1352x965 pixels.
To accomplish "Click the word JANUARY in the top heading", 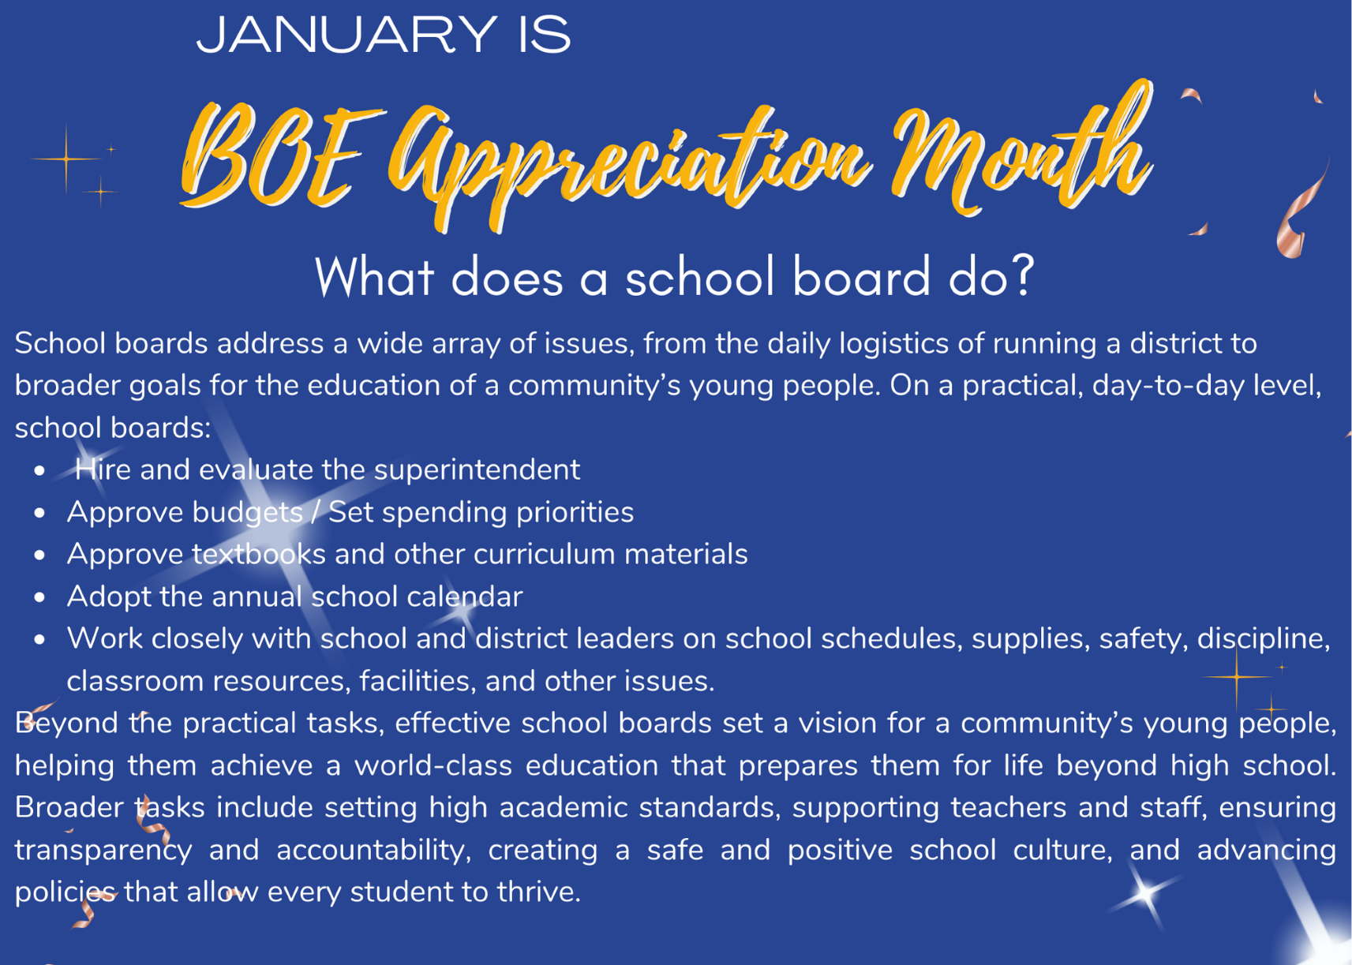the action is (346, 35).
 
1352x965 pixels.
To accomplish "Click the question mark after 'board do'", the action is (1023, 276).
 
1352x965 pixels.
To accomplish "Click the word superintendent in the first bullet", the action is (477, 470).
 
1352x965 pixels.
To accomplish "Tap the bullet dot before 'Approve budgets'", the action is (39, 513).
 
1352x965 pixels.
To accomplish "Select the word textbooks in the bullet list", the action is (259, 553).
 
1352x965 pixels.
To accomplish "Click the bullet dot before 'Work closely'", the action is (39, 639).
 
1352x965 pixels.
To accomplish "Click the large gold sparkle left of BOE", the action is (66, 159).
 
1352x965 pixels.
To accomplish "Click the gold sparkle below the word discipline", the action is (1237, 676).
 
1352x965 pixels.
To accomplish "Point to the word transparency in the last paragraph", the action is (103, 851).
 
